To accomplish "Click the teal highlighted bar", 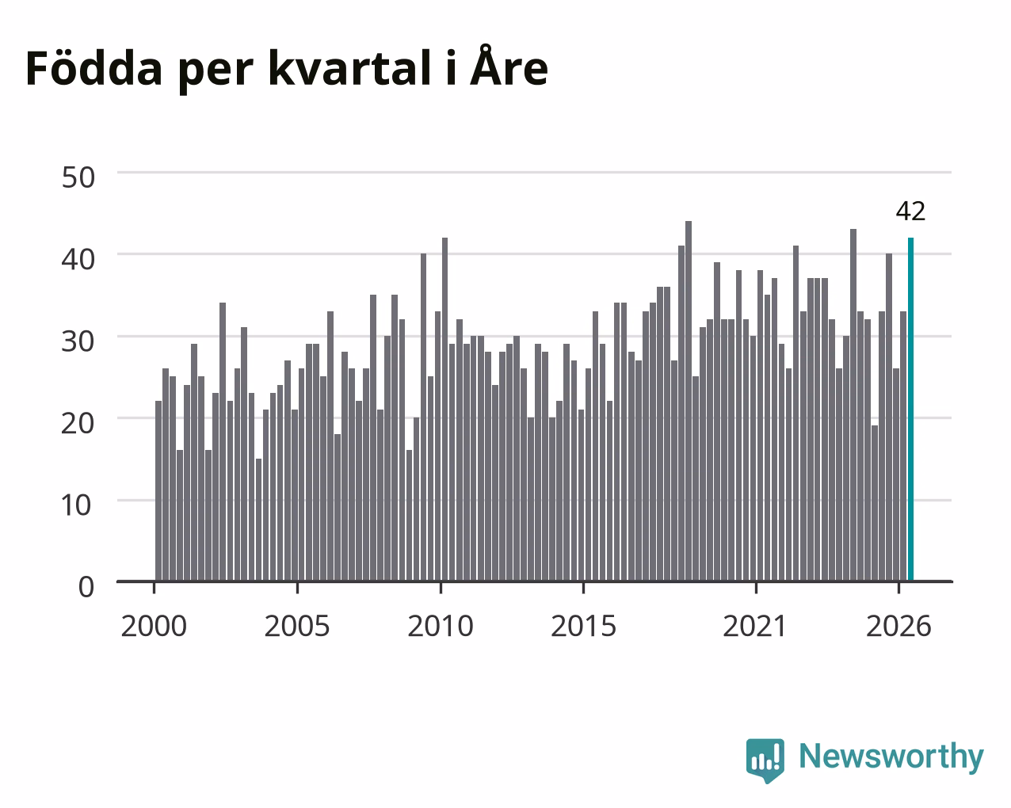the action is pos(910,410).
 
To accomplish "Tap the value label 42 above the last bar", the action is pos(910,212).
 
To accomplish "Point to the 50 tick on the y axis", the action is pos(78,177).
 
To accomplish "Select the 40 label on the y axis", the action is pos(78,259).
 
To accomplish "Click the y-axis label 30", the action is pos(78,341).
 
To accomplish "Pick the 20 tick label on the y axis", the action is pos(78,423).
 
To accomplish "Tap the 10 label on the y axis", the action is pos(77,505).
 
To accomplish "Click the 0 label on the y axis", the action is pos(86,587).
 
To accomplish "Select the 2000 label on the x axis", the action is pos(154,626).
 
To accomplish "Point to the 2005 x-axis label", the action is pos(297,626).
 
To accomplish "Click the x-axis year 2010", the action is pos(441,626).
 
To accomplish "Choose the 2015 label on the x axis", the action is pos(583,626).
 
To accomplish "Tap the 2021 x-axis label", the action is pos(755,626).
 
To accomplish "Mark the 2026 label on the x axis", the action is pos(898,626).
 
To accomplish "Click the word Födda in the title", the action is pos(94,68).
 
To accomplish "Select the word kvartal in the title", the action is pos(350,68).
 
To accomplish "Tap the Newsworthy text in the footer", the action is pos(891,757).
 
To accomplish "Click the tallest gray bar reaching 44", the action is pos(689,401).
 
